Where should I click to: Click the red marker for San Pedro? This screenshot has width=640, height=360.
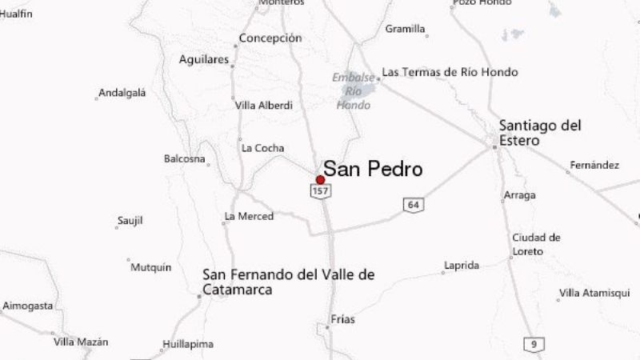(x=321, y=180)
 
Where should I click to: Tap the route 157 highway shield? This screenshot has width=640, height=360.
(x=321, y=192)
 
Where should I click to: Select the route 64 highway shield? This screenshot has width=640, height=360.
(x=413, y=205)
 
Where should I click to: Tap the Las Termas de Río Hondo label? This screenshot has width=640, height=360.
(x=450, y=72)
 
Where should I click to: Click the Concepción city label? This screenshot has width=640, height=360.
(x=270, y=38)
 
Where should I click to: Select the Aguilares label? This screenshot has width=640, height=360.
(x=204, y=60)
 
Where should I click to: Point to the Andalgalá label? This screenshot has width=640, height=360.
(x=122, y=93)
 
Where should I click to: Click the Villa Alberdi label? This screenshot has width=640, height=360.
(x=264, y=106)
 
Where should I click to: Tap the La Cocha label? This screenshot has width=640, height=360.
(x=263, y=147)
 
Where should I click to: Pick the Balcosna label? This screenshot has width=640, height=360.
(x=184, y=158)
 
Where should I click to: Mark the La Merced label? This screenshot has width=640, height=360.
(x=250, y=216)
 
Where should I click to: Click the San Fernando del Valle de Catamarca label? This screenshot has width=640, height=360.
(x=288, y=282)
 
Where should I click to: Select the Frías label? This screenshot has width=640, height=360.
(x=342, y=319)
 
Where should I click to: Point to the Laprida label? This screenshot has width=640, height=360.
(x=462, y=266)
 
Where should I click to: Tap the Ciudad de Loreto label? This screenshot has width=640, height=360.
(x=536, y=242)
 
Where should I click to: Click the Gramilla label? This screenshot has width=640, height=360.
(x=405, y=29)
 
